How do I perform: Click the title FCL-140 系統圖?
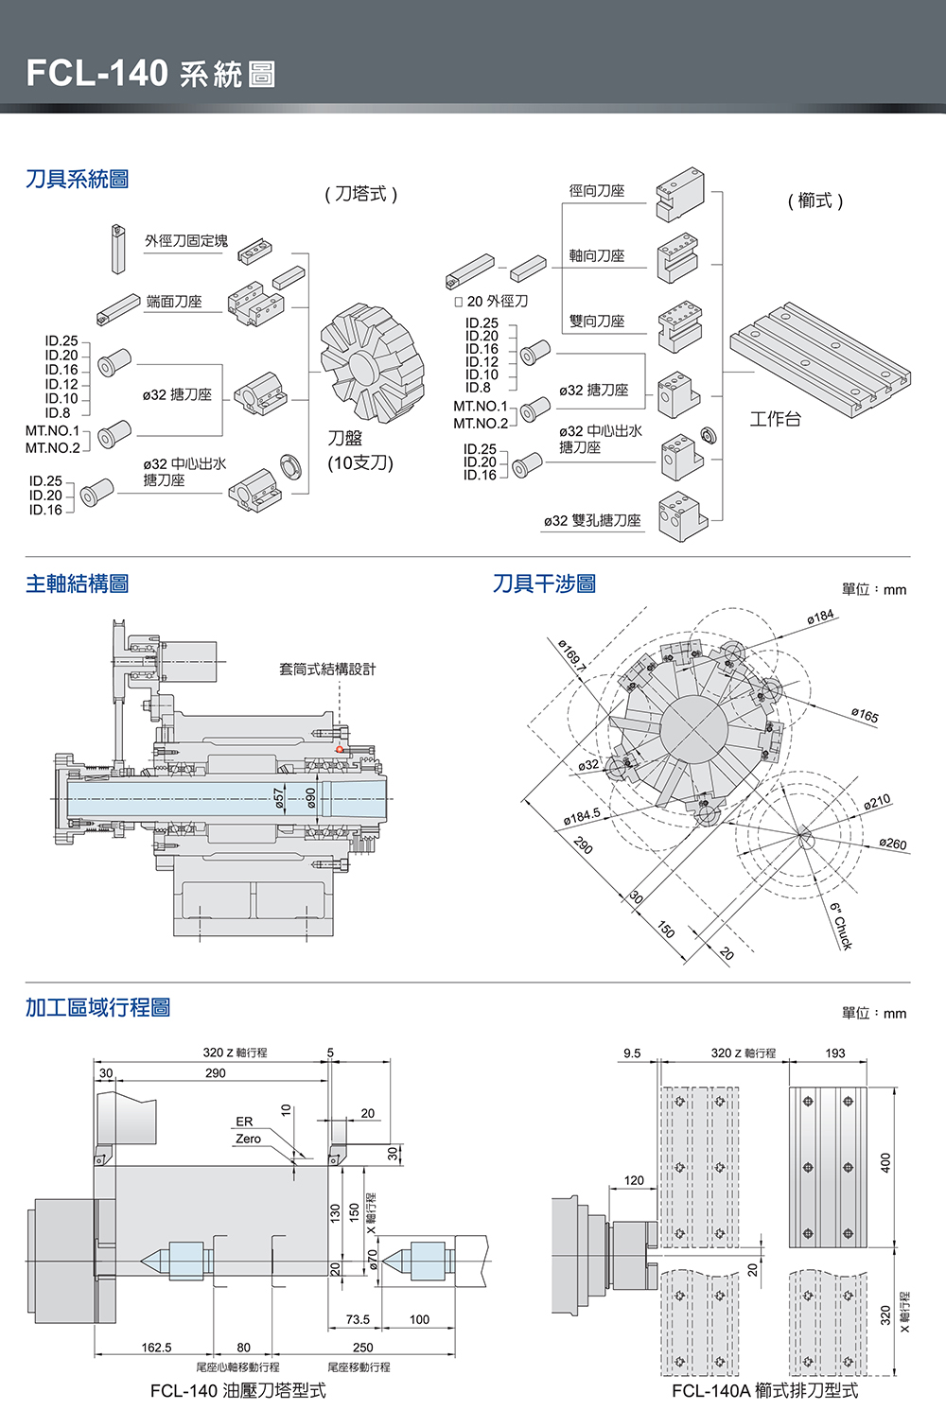pyautogui.click(x=151, y=73)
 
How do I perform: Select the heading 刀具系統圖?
pyautogui.click(x=78, y=179)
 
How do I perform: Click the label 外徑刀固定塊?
pyautogui.click(x=186, y=241)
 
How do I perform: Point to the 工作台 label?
pyautogui.click(x=775, y=419)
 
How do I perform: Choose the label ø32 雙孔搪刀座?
pyautogui.click(x=592, y=520)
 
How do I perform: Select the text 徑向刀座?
pyautogui.click(x=597, y=191)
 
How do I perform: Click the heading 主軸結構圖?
pyautogui.click(x=78, y=583)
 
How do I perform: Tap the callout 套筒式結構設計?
pyautogui.click(x=327, y=669)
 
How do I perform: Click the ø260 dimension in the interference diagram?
pyautogui.click(x=892, y=844)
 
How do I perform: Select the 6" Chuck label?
pyautogui.click(x=841, y=926)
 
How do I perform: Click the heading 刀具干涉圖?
pyautogui.click(x=544, y=583)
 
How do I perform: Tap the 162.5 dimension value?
pyautogui.click(x=156, y=1348)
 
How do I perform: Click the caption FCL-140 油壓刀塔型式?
pyautogui.click(x=237, y=1391)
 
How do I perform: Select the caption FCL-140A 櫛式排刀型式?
pyautogui.click(x=764, y=1391)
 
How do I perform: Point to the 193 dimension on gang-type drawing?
pyautogui.click(x=834, y=1053)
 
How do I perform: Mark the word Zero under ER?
pyautogui.click(x=248, y=1139)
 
